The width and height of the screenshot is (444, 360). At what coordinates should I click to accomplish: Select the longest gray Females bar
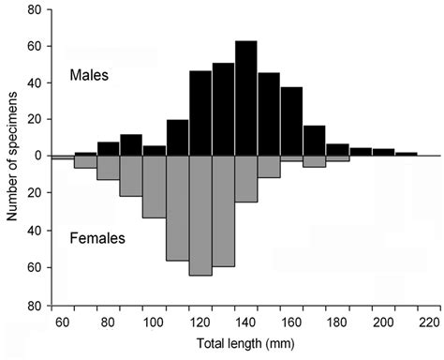pyautogui.click(x=200, y=216)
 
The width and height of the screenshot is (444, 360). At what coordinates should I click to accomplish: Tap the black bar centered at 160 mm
pyautogui.click(x=291, y=122)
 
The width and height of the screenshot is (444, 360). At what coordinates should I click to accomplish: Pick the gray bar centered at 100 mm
pyautogui.click(x=155, y=187)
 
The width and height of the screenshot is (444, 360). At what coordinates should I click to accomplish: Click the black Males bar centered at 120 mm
pyautogui.click(x=200, y=113)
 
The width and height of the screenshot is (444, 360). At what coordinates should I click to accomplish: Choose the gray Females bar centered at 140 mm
pyautogui.click(x=246, y=179)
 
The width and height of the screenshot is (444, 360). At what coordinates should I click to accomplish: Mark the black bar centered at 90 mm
pyautogui.click(x=131, y=145)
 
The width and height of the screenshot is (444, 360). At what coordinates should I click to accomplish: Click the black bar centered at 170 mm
pyautogui.click(x=315, y=141)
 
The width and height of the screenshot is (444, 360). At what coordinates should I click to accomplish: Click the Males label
pyautogui.click(x=90, y=76)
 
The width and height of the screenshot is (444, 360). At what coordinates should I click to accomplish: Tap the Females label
pyautogui.click(x=97, y=239)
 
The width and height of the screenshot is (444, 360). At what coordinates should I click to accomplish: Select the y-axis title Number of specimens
pyautogui.click(x=12, y=156)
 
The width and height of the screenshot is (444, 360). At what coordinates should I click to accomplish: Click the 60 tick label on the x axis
pyautogui.click(x=63, y=322)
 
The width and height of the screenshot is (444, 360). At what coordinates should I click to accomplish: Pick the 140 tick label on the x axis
pyautogui.click(x=246, y=322)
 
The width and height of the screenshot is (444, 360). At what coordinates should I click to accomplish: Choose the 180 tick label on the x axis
pyautogui.click(x=337, y=322)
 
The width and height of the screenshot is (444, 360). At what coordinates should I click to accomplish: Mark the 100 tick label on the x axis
pyautogui.click(x=155, y=322)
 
